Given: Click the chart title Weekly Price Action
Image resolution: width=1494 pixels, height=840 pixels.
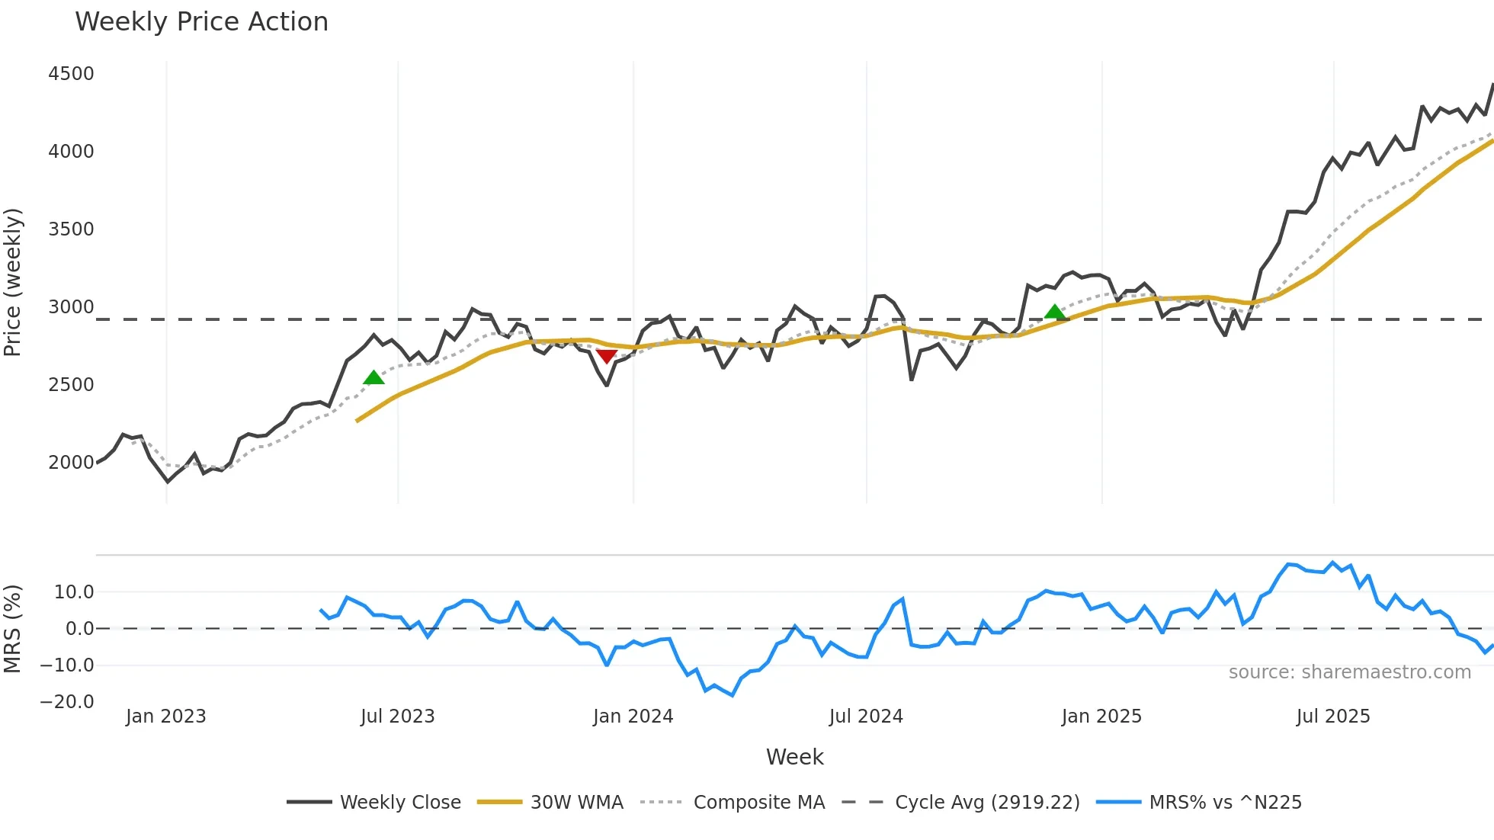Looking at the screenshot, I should pyautogui.click(x=201, y=22).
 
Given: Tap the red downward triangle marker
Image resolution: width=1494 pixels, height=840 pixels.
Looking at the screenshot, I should pyautogui.click(x=607, y=356).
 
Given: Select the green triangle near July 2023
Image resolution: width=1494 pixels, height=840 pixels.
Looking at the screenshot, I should pyautogui.click(x=373, y=377).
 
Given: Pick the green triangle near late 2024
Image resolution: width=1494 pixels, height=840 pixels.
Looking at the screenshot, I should pyautogui.click(x=1055, y=312).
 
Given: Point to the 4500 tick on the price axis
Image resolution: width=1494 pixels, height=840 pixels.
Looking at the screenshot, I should pyautogui.click(x=71, y=74).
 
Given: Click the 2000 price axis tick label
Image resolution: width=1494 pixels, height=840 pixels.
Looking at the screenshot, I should pyautogui.click(x=71, y=463).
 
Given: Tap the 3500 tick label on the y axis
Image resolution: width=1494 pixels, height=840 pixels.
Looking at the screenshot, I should pyautogui.click(x=71, y=229).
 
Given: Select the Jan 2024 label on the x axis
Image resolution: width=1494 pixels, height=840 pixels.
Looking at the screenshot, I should pyautogui.click(x=633, y=717).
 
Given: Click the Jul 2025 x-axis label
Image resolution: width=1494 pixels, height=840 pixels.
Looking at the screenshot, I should pyautogui.click(x=1333, y=717).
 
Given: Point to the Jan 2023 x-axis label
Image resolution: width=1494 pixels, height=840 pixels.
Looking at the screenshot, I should pyautogui.click(x=166, y=717).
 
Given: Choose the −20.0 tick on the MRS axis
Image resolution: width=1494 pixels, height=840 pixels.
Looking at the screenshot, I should pyautogui.click(x=67, y=702).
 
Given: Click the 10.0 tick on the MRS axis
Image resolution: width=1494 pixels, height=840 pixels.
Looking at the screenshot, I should pyautogui.click(x=74, y=592).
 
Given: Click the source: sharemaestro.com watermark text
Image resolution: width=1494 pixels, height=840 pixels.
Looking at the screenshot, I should pyautogui.click(x=1349, y=672).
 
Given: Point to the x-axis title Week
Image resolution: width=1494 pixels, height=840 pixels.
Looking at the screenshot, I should pyautogui.click(x=794, y=757).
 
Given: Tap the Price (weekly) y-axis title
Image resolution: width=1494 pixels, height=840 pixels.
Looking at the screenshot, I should pyautogui.click(x=13, y=282).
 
